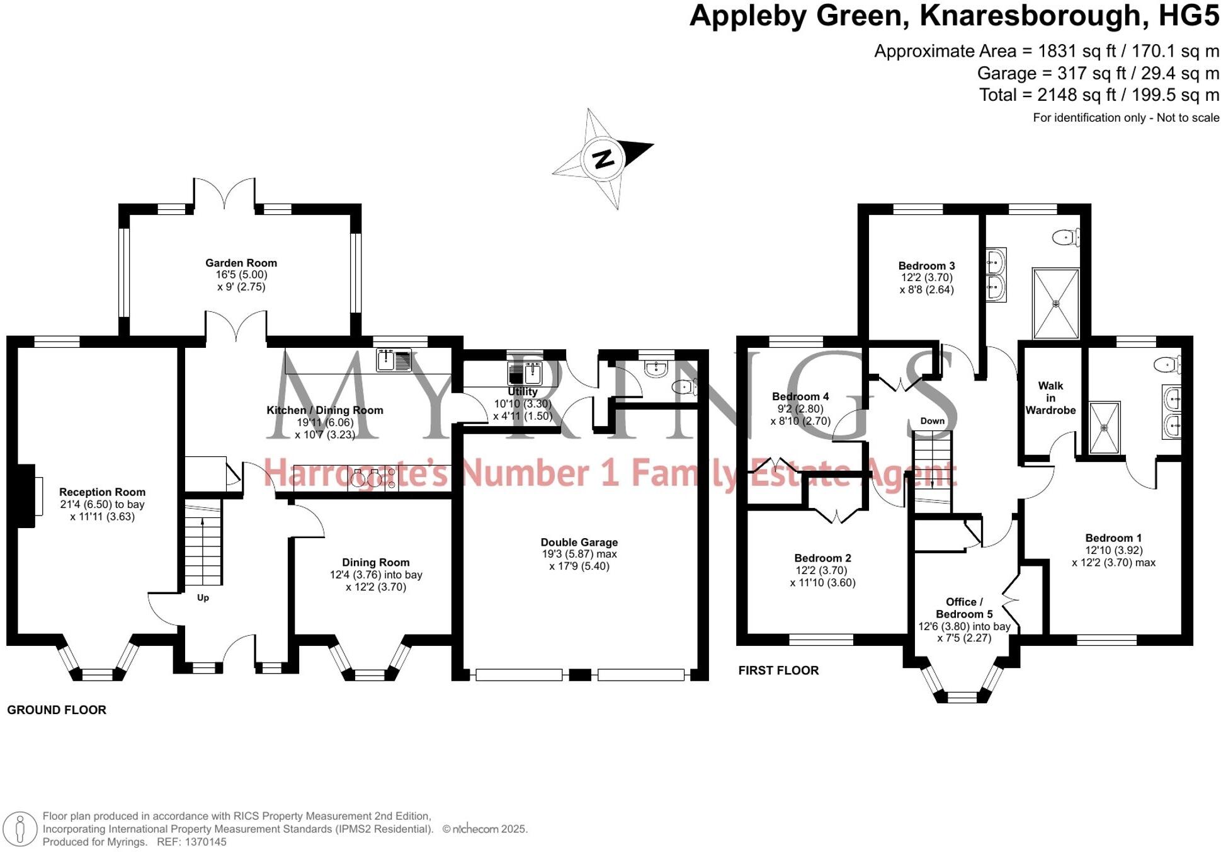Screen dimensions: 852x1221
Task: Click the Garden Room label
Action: pyautogui.click(x=241, y=263)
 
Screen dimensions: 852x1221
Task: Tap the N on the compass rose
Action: pyautogui.click(x=603, y=158)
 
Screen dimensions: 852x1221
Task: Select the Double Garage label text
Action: pyautogui.click(x=579, y=543)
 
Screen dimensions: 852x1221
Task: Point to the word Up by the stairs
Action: pyautogui.click(x=203, y=597)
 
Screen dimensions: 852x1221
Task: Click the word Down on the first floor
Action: pyautogui.click(x=932, y=421)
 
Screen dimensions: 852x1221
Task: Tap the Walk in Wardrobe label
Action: pyautogui.click(x=1050, y=398)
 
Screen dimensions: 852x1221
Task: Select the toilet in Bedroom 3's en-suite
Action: pyautogui.click(x=1065, y=238)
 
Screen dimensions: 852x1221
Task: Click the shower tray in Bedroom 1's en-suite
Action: pyautogui.click(x=1104, y=428)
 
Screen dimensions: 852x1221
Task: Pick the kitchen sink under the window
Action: pyautogui.click(x=394, y=360)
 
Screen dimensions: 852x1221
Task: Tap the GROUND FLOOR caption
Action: pyautogui.click(x=57, y=710)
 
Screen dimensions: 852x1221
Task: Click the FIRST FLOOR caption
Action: pyautogui.click(x=778, y=671)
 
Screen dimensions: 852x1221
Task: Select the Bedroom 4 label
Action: pyautogui.click(x=800, y=396)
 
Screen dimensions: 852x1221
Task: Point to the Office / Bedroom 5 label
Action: pyautogui.click(x=963, y=608)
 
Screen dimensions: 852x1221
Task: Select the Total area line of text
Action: pyautogui.click(x=1099, y=95)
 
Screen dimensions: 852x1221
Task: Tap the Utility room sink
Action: pyautogui.click(x=525, y=374)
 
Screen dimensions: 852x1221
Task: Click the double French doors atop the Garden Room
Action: pyautogui.click(x=224, y=192)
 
